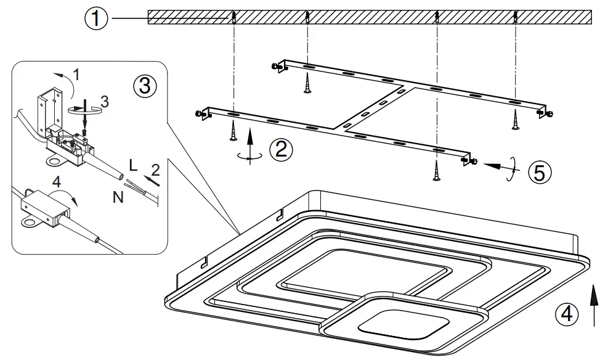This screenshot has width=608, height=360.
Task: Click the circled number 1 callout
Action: [x=95, y=19]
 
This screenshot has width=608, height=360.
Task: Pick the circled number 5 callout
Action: [x=539, y=172]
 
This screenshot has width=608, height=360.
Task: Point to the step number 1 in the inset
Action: [x=76, y=75]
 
